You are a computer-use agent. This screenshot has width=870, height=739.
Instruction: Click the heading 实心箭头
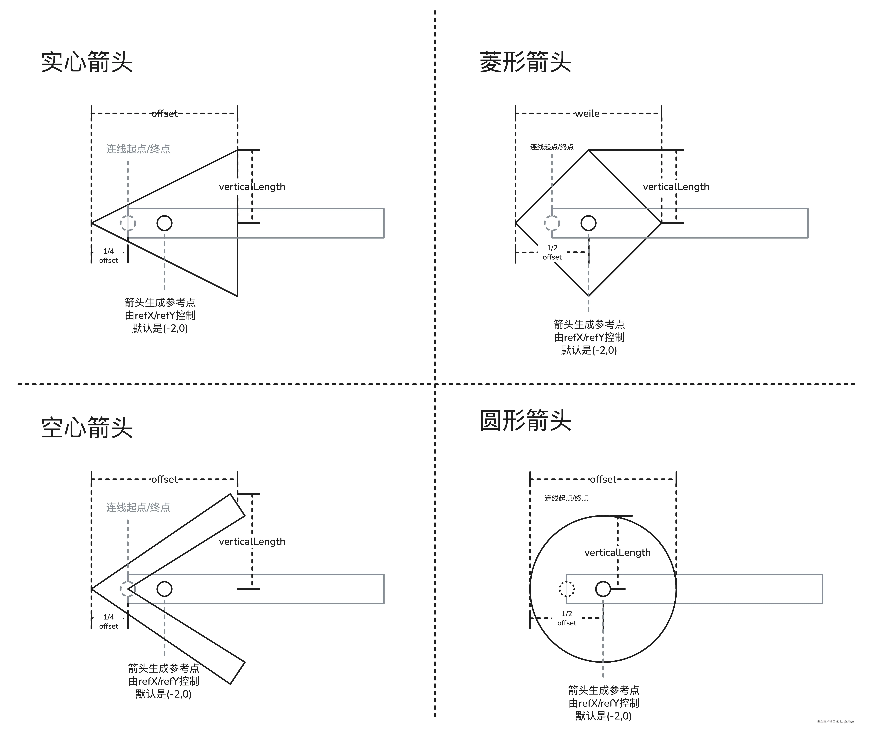click(x=87, y=62)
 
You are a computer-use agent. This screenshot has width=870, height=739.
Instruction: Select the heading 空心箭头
click(x=87, y=428)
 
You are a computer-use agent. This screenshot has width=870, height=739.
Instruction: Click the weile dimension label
click(x=587, y=114)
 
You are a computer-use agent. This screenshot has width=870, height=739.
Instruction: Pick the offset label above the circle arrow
click(x=603, y=479)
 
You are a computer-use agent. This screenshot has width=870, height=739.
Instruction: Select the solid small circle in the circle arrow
click(x=603, y=589)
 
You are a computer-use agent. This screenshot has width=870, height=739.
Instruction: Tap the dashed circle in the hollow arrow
click(x=128, y=589)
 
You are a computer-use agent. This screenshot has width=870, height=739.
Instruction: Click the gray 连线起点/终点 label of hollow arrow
click(x=138, y=507)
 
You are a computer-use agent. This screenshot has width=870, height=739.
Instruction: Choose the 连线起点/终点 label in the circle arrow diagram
click(x=566, y=498)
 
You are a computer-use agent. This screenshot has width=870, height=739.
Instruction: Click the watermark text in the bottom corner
click(x=836, y=721)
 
